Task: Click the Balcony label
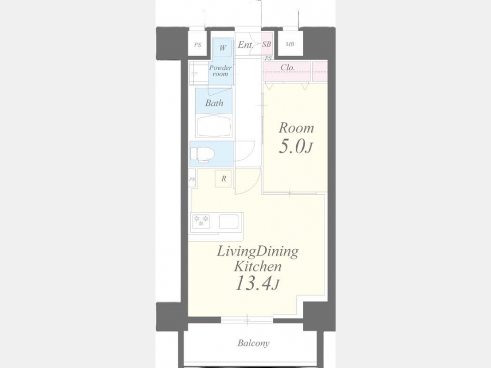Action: tap(253, 343)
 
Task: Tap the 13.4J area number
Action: tap(257, 283)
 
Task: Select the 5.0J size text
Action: tap(296, 146)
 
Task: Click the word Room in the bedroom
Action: tap(296, 128)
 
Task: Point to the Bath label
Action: tap(214, 103)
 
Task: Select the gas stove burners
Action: tap(201, 221)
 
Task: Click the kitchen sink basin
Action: tap(229, 221)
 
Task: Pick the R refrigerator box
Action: tap(224, 179)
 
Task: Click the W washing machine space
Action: tap(223, 47)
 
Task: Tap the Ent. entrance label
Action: tap(245, 45)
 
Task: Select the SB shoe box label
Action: tap(266, 45)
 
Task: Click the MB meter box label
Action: tap(290, 45)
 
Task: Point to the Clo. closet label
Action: tap(288, 67)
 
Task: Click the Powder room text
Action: tap(220, 71)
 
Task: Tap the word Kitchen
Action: tap(258, 267)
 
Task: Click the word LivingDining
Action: tap(258, 252)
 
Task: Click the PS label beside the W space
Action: tap(197, 45)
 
